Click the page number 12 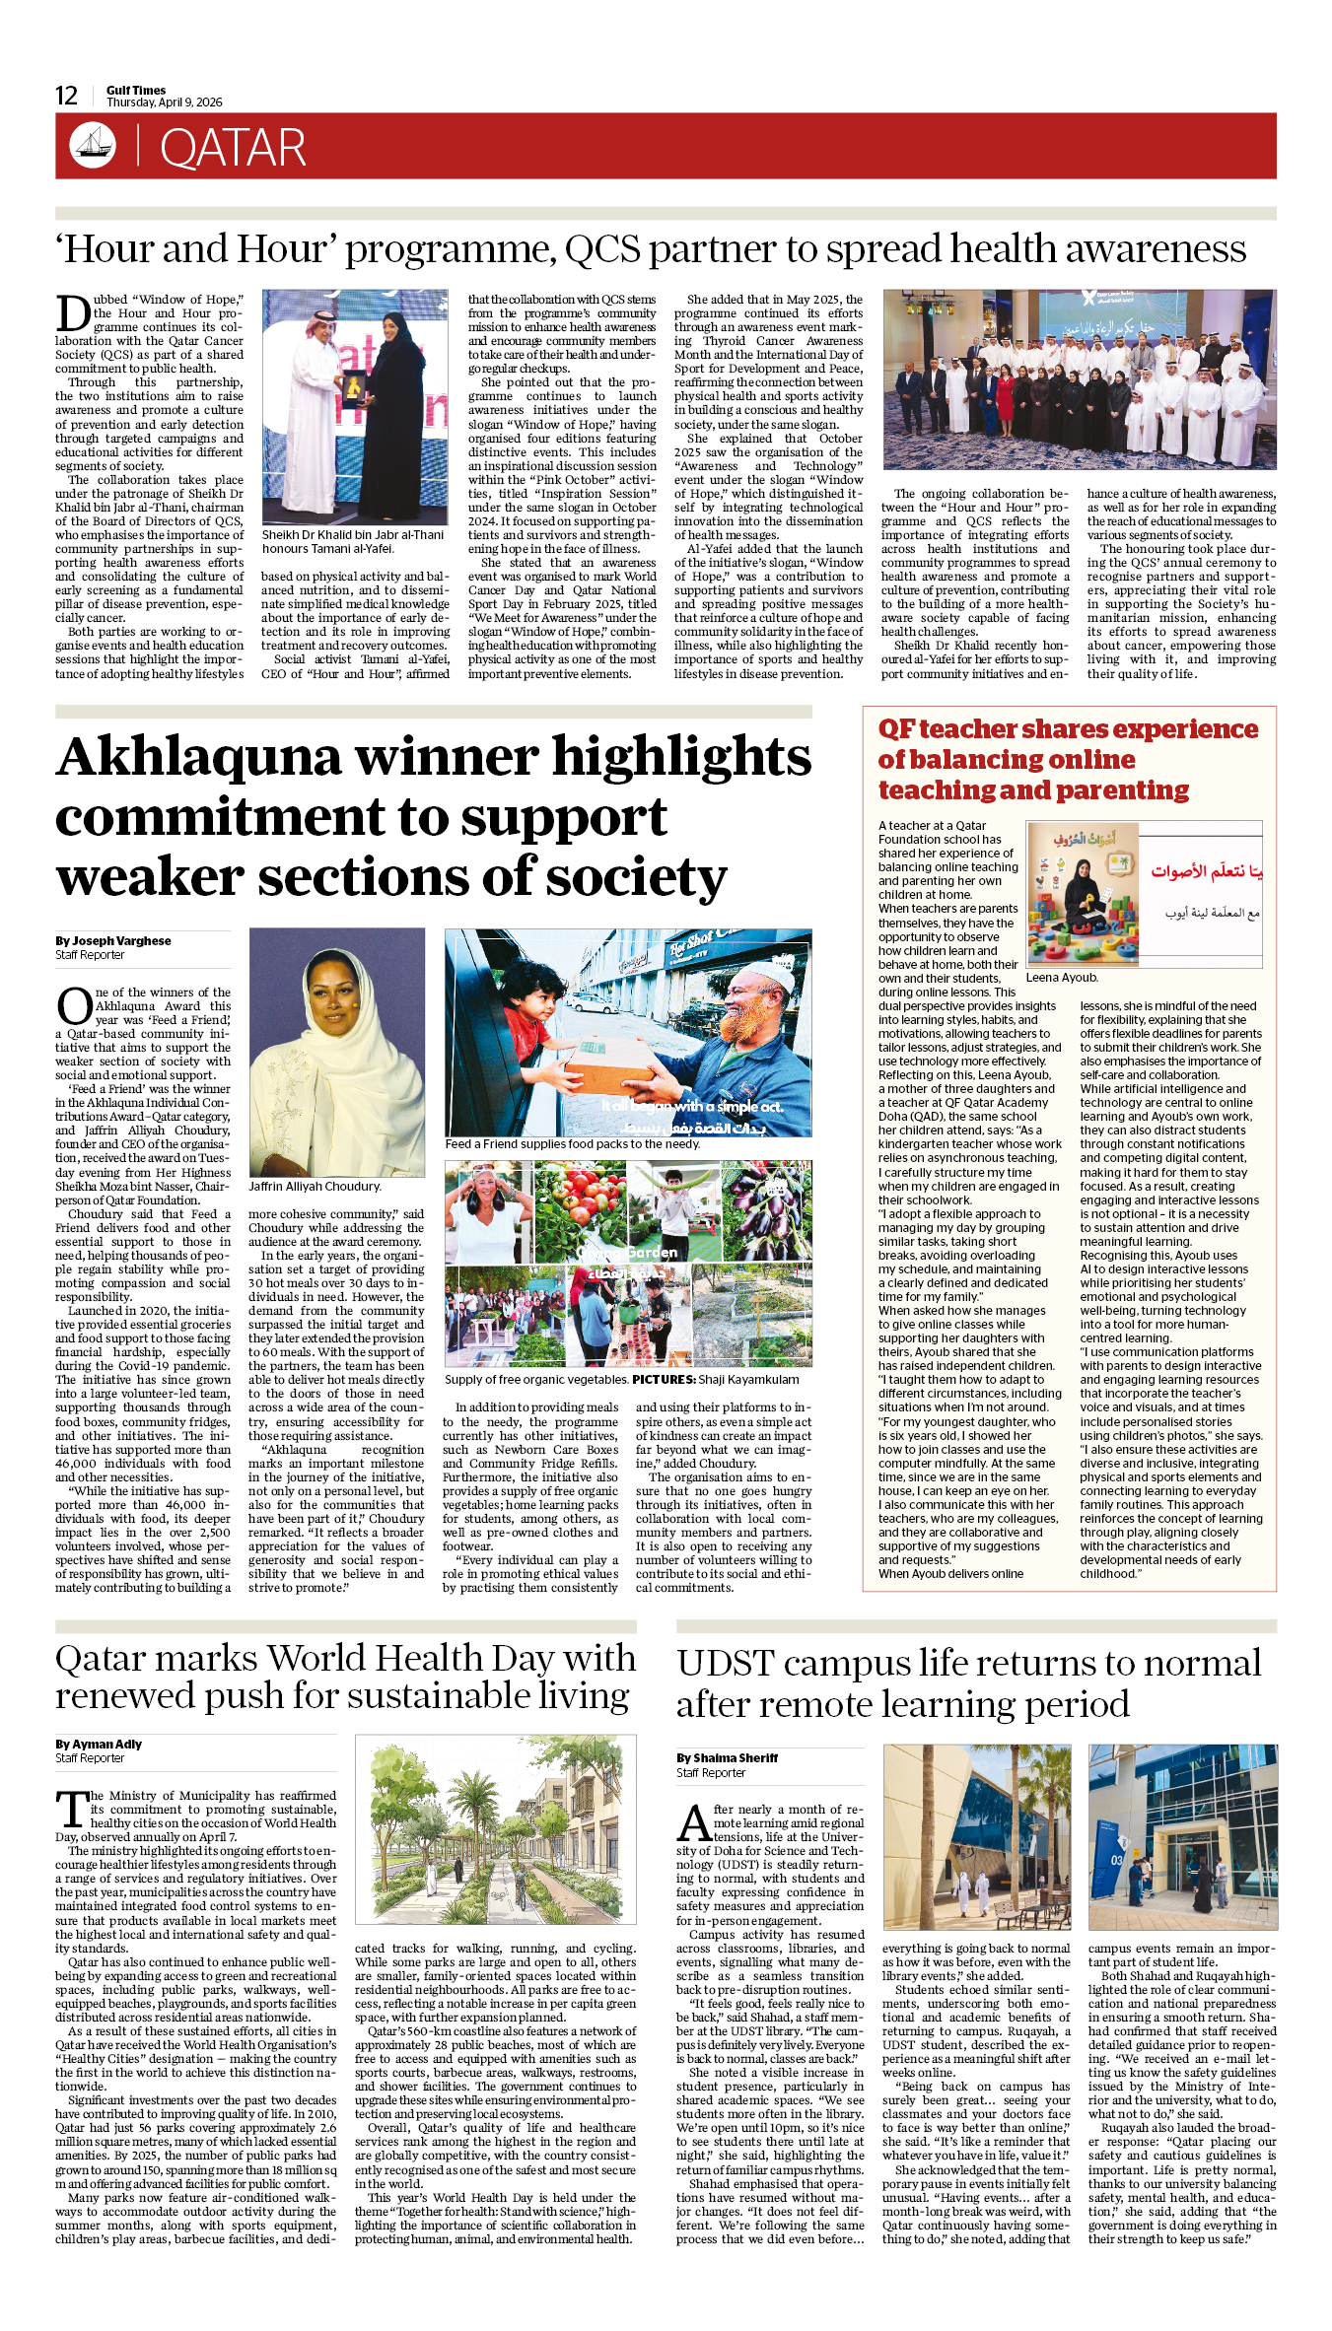click(66, 96)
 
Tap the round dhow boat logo click(92, 145)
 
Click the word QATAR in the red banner click(233, 148)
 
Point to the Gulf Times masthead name click(136, 90)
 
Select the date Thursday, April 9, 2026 click(165, 103)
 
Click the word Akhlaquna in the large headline click(198, 757)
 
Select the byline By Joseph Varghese click(112, 940)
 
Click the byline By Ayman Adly click(99, 1744)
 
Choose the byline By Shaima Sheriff click(727, 1757)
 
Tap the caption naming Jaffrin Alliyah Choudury click(315, 1187)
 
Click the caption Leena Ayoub click(1062, 978)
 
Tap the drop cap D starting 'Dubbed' click(73, 313)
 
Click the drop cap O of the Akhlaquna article click(74, 1006)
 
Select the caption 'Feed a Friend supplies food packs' click(572, 1144)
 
